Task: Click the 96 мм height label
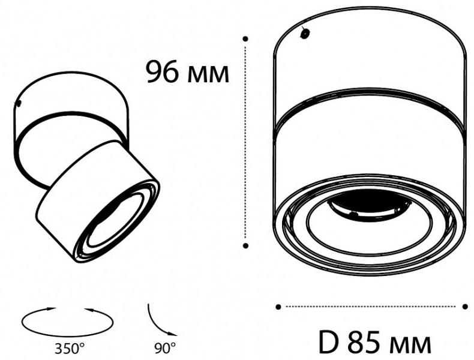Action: coord(188,72)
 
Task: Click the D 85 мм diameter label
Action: coord(375,343)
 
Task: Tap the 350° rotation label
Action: coord(70,349)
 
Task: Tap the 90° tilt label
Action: coord(165,349)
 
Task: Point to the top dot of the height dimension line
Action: coord(246,38)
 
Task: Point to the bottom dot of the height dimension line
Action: coord(246,245)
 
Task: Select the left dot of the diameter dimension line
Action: coord(278,307)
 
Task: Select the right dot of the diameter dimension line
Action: coord(465,307)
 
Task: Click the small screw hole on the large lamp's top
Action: coord(304,32)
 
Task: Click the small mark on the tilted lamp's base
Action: coord(18,103)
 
